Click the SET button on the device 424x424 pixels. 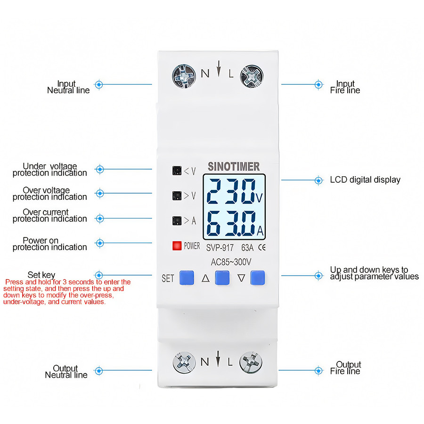click(187, 278)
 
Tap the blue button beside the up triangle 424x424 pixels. click(222, 278)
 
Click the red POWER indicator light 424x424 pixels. click(177, 245)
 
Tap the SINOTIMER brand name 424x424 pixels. click(233, 167)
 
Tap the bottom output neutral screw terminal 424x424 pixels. click(184, 362)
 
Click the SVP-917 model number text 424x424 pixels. click(220, 246)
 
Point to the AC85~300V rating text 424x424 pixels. click(231, 261)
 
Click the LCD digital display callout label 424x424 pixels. click(365, 179)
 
